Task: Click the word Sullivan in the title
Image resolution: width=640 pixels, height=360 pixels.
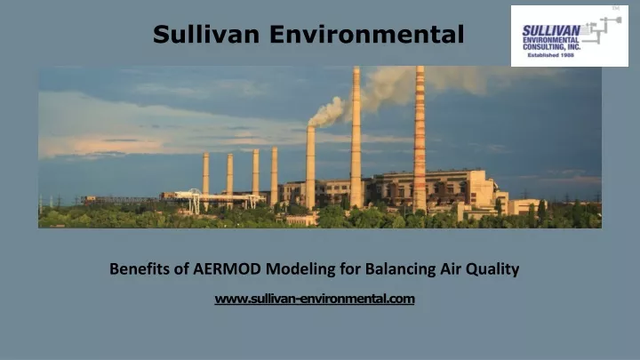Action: (206, 34)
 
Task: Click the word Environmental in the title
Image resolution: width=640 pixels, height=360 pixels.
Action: (366, 34)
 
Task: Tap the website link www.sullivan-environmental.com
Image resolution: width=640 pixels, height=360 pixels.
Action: (315, 299)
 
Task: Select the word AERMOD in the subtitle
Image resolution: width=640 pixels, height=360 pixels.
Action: (227, 269)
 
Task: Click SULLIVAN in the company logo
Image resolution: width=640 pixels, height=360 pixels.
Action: (551, 31)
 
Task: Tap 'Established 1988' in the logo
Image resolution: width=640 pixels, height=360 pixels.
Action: (550, 55)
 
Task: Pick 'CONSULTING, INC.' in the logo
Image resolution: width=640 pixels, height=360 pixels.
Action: (551, 47)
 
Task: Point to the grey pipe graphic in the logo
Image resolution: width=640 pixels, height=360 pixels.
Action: (601, 30)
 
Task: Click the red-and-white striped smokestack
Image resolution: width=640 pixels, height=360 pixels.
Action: (420, 139)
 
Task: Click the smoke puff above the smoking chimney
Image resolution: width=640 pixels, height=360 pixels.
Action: (328, 112)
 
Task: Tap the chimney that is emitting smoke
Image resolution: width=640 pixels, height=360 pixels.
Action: (310, 167)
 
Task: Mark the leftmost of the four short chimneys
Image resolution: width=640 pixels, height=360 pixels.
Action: (205, 174)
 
